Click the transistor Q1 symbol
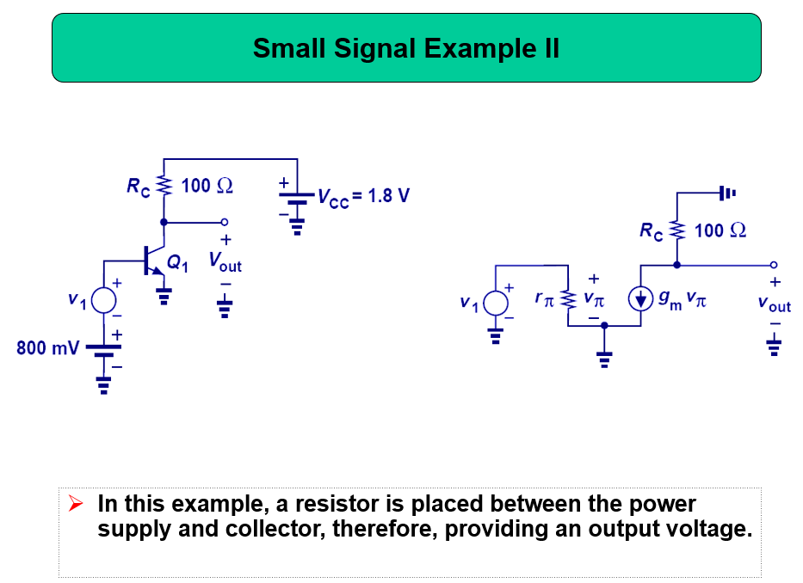pos(155,261)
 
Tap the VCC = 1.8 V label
pos(363,196)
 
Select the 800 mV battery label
pos(47,348)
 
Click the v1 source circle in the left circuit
pos(104,300)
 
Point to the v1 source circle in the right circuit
pos(496,303)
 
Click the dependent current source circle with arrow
pos(640,298)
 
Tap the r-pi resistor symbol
pos(568,299)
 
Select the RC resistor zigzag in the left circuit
pos(164,185)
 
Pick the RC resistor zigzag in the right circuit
pos(677,230)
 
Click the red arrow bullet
pos(75,504)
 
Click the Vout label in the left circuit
pos(225,261)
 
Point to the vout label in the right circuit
pos(775,304)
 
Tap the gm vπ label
pos(683,300)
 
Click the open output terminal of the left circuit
pos(225,222)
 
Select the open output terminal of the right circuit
pos(773,265)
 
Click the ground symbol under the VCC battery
pos(297,227)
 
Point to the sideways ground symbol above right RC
pos(728,193)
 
